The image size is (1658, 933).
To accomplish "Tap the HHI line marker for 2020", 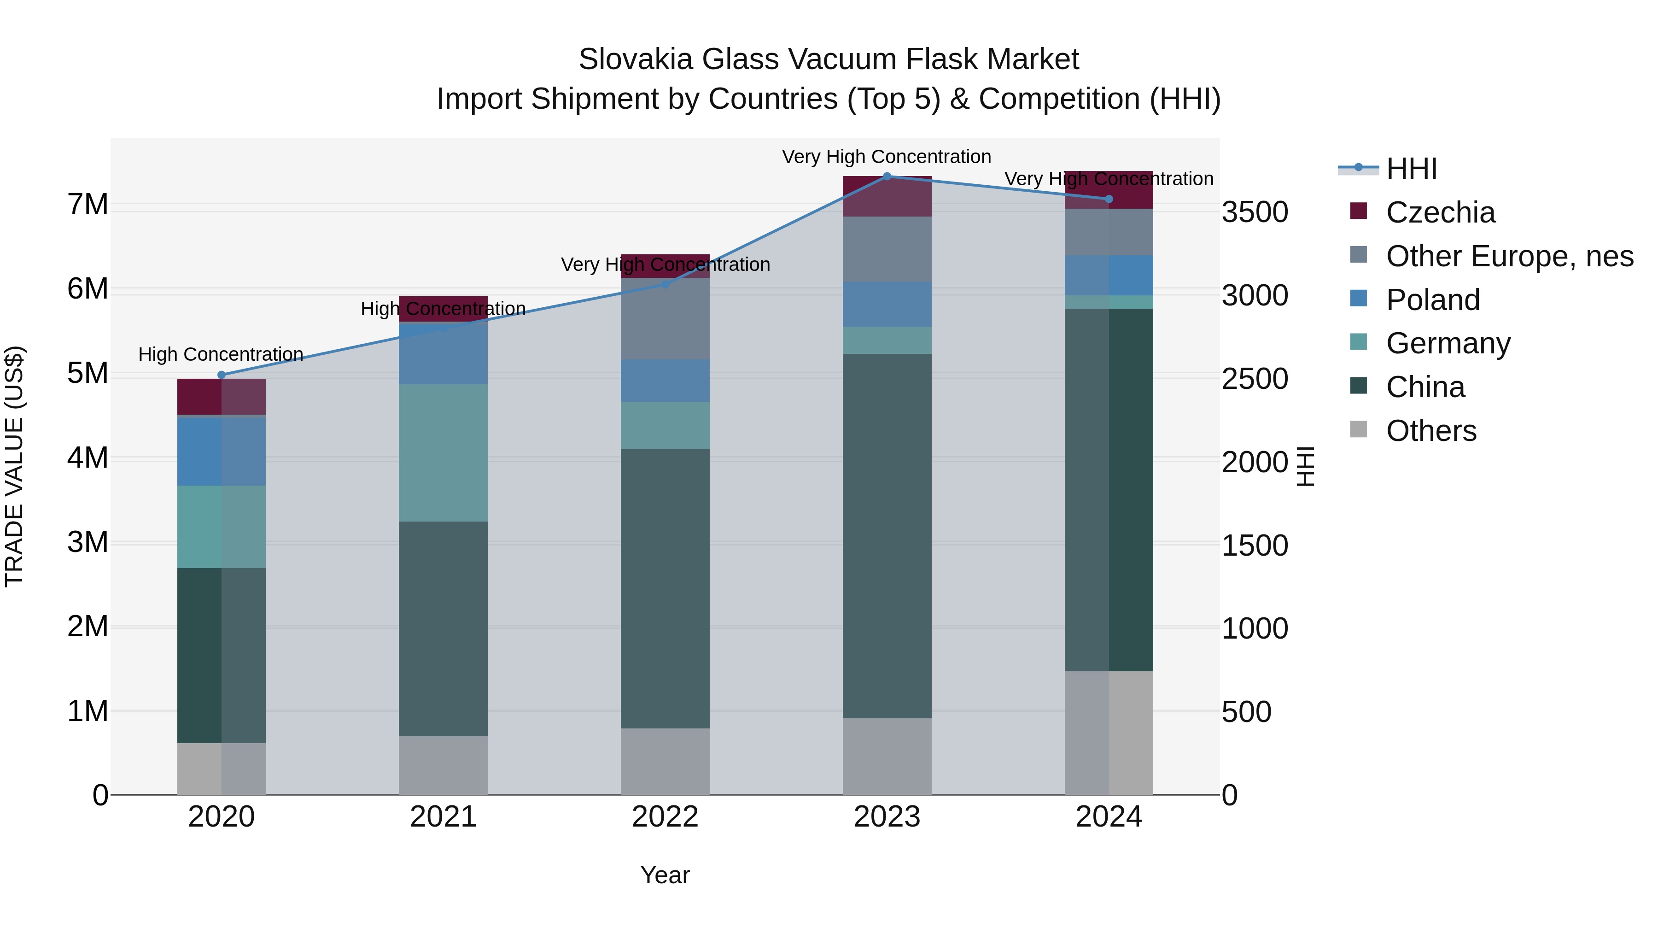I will click(x=222, y=375).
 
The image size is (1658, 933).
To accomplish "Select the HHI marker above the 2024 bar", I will click(x=1109, y=200).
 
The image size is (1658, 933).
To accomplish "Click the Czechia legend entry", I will click(x=1440, y=212).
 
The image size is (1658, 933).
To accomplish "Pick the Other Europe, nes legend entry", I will click(x=1509, y=256).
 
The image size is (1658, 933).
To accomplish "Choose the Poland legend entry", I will click(x=1433, y=300).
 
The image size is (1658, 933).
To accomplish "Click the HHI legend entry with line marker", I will click(x=1411, y=169).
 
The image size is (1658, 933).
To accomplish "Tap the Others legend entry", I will click(x=1431, y=431).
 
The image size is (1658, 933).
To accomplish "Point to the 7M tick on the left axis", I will click(x=88, y=205).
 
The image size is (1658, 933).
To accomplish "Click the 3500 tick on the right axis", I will click(x=1255, y=212).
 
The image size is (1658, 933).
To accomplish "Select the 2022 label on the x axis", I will click(x=665, y=817).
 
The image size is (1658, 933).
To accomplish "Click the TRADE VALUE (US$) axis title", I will click(x=15, y=466).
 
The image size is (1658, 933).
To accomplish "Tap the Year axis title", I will click(x=665, y=875).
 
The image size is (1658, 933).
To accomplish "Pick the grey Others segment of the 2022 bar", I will click(x=665, y=761).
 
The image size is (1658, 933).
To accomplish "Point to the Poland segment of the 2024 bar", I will click(x=1109, y=276).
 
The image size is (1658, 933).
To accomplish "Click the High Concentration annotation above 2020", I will click(x=221, y=354).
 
